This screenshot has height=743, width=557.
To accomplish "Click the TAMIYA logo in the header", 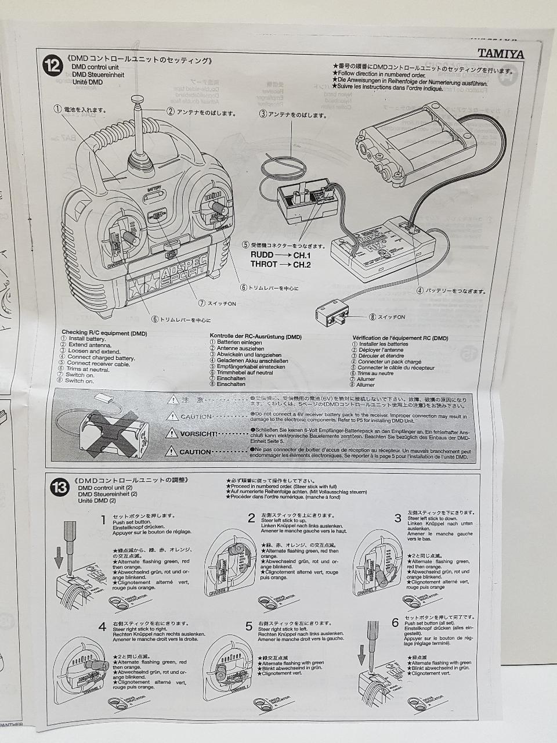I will point(500,54).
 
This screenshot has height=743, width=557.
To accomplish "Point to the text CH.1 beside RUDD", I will point(302,255).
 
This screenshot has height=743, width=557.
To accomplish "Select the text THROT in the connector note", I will point(263,265).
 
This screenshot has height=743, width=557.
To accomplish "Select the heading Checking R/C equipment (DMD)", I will point(104,333).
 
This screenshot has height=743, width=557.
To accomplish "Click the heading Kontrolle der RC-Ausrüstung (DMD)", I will point(255,337).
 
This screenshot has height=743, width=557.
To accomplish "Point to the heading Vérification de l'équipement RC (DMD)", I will point(400,338).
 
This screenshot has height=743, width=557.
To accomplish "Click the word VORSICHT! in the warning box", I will point(198,434).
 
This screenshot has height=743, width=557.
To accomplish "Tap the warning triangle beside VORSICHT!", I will point(171,433).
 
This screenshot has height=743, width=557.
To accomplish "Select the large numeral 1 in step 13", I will point(103,520).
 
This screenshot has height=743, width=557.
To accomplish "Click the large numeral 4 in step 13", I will point(102,627).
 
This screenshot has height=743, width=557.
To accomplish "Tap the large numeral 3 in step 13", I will point(397,518).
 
